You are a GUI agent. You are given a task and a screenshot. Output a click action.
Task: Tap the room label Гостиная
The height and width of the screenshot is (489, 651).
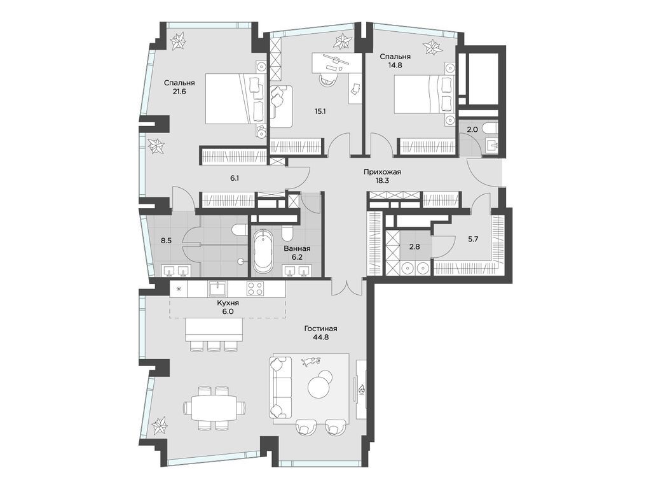pyautogui.click(x=320, y=329)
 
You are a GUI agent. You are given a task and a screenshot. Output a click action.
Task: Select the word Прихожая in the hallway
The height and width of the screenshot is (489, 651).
pyautogui.click(x=382, y=171)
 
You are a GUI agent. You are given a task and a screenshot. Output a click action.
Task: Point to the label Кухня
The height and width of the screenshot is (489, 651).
pyautogui.click(x=228, y=304)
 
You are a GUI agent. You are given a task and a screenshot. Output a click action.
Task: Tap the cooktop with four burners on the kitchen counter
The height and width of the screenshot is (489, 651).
pyautogui.click(x=256, y=288)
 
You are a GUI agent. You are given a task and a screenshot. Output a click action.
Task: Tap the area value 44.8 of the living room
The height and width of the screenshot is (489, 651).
pyautogui.click(x=320, y=339)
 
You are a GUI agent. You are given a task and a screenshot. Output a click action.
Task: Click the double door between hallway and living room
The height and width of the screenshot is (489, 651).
pyautogui.click(x=347, y=288)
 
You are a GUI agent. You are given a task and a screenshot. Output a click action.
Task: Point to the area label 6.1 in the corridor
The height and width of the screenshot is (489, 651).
pyautogui.click(x=234, y=178)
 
